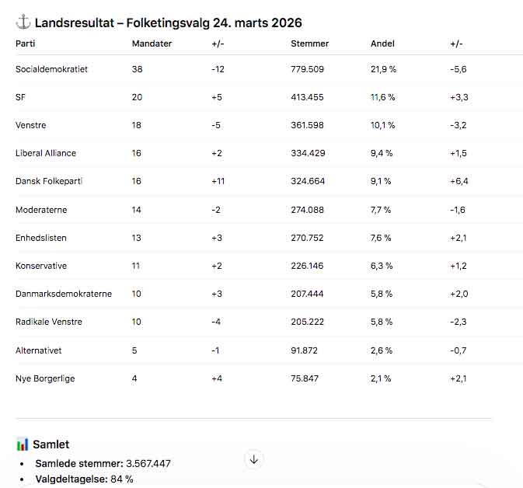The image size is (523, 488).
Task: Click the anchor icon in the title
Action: tap(23, 23)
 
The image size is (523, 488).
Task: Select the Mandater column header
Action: tap(152, 44)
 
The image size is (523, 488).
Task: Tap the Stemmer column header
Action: tap(309, 44)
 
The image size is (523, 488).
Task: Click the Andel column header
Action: tap(383, 44)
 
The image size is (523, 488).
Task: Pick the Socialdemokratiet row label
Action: tap(51, 69)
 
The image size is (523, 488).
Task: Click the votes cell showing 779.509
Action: tap(307, 69)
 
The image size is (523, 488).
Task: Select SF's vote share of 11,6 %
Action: tap(383, 97)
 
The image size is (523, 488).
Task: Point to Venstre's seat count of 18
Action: tap(137, 125)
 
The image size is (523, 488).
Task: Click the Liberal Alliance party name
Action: tap(46, 153)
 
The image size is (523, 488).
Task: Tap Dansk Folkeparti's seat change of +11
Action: tap(218, 181)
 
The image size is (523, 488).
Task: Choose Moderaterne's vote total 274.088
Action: tap(307, 210)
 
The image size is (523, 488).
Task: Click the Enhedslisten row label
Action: tap(41, 238)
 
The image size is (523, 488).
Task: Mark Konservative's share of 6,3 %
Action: tap(382, 266)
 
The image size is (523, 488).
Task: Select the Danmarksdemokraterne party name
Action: tap(64, 294)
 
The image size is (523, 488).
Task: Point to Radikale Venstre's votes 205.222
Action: tap(307, 322)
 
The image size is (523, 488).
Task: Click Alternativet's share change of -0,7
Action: tap(458, 350)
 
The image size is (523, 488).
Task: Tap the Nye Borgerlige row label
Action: tap(45, 378)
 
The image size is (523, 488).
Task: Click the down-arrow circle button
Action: tap(253, 459)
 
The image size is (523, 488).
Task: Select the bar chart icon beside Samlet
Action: tap(23, 444)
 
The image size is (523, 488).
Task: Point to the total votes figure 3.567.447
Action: tap(148, 464)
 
